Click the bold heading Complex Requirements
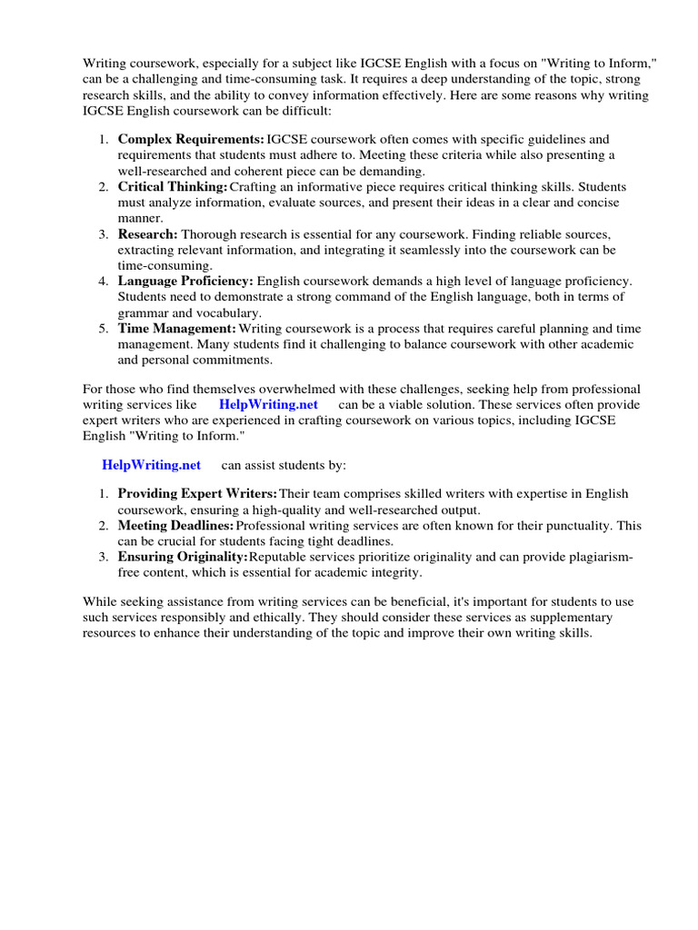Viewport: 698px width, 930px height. [191, 140]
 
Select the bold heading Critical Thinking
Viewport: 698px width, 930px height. [173, 187]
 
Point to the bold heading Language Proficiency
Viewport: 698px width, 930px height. [186, 282]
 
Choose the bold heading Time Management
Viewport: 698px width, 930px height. [177, 329]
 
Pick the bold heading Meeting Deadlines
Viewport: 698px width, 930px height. [176, 526]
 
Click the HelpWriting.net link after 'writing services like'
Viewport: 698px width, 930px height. [268, 404]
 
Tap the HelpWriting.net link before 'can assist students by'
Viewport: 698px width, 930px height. [151, 465]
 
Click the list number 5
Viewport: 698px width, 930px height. [104, 329]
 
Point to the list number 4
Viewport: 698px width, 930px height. [104, 282]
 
